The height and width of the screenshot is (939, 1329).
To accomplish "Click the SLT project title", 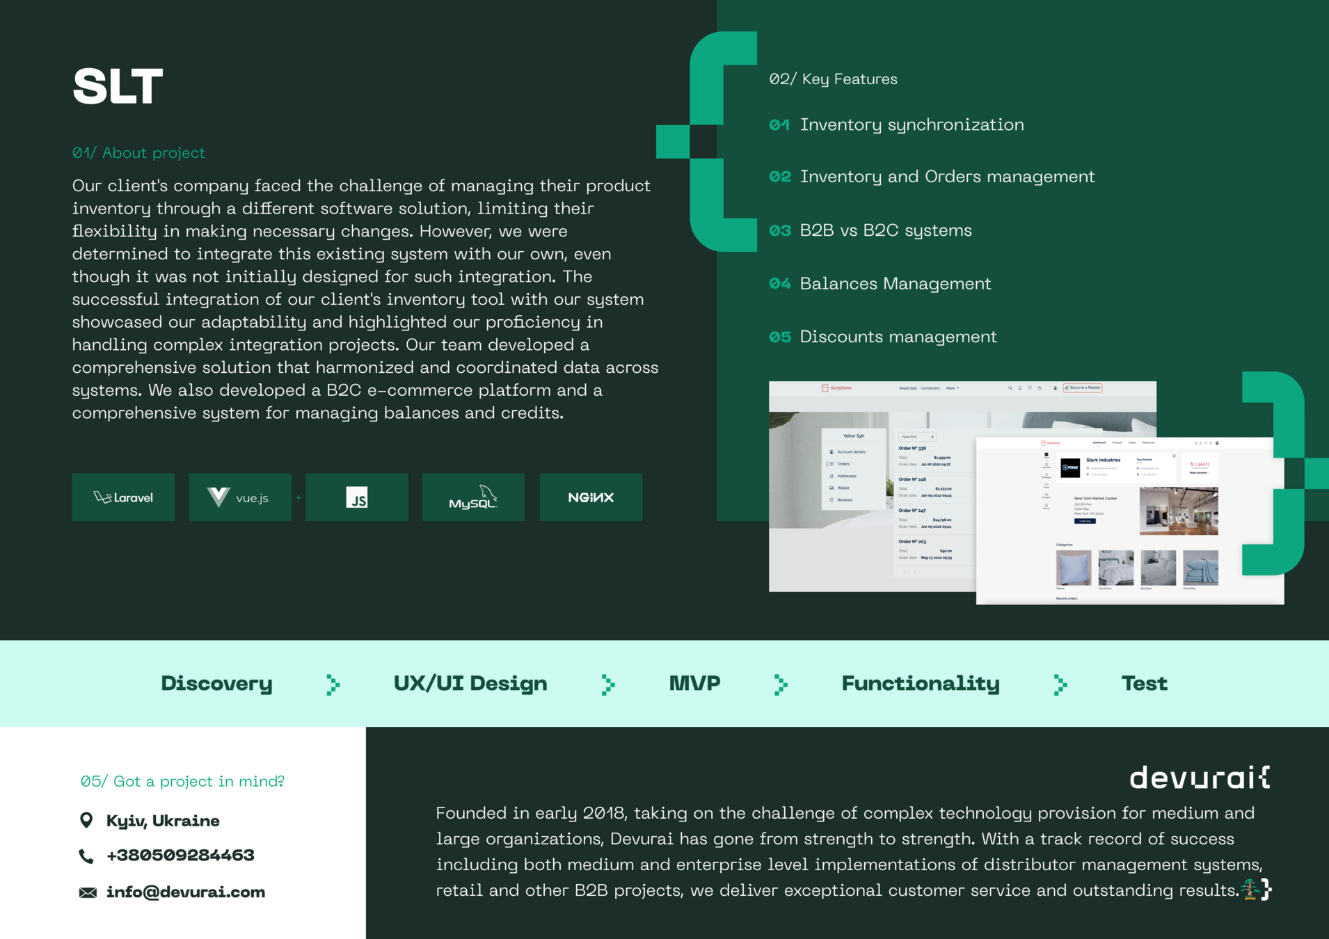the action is [x=118, y=86].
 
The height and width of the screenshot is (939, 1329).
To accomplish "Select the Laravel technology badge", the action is [x=123, y=497].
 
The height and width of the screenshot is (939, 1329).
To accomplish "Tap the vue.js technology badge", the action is [x=240, y=497].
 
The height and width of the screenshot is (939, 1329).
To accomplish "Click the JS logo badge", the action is [x=357, y=497].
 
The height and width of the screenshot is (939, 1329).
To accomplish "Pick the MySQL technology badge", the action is [x=473, y=497].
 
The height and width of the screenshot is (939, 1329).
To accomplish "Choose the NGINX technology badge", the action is [x=591, y=497].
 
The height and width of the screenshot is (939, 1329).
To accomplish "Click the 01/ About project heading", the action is [x=138, y=153].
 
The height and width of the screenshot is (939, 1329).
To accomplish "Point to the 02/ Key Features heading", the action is [x=833, y=79].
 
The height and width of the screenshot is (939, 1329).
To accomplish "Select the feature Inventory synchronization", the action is [x=912, y=125].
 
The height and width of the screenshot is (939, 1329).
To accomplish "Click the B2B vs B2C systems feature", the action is [x=885, y=230].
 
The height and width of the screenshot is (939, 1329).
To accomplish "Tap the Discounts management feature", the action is [x=898, y=337].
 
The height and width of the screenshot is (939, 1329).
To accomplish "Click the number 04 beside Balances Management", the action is [x=779, y=284].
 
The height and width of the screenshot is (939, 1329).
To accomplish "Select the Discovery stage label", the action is [x=216, y=683].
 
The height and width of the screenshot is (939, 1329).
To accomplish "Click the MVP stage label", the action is [x=694, y=683].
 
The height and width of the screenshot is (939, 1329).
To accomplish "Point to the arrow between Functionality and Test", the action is [x=1060, y=684].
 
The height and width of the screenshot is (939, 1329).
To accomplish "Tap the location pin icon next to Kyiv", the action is [x=86, y=821].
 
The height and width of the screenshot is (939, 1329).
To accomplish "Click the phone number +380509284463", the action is [x=180, y=855].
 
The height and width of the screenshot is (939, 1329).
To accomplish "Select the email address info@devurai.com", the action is [x=185, y=892].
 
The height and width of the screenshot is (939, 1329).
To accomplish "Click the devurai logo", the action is [x=1199, y=777].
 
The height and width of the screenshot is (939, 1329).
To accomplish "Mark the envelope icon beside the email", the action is [x=88, y=892].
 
